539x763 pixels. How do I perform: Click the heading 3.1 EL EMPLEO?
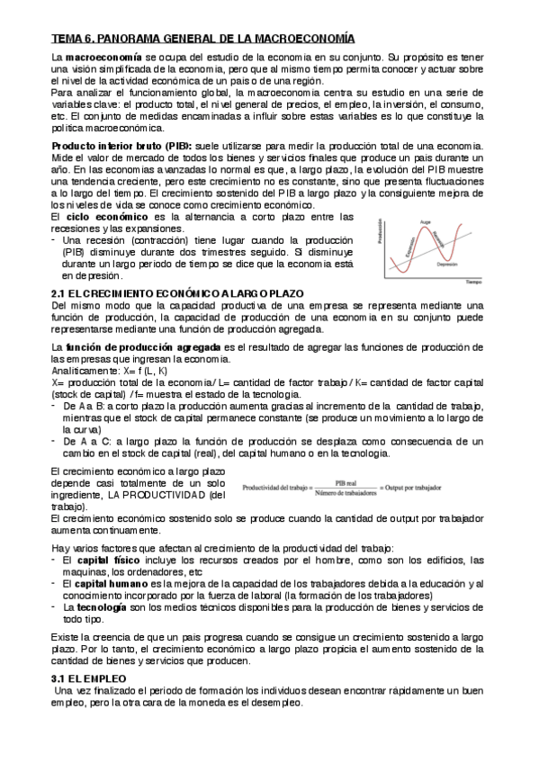click(89, 676)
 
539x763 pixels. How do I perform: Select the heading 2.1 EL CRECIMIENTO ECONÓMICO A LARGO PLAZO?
click(177, 294)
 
